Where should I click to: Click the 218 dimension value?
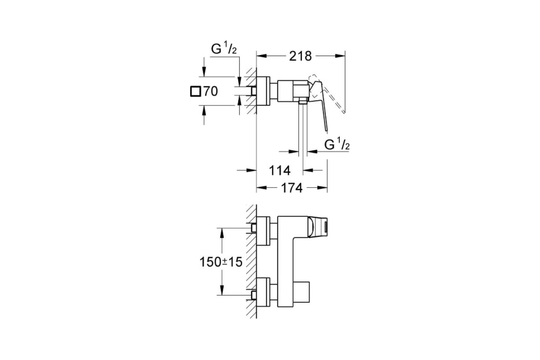tap(301, 56)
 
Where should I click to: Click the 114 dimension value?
tap(279, 171)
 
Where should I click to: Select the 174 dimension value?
tap(292, 188)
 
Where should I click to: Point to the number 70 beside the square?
tap(210, 91)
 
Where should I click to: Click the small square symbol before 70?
tap(195, 91)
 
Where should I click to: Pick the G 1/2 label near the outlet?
tap(337, 144)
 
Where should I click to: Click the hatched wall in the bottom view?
tap(252, 261)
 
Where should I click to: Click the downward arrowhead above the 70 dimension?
tap(204, 72)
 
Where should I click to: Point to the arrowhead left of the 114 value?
tap(252, 170)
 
